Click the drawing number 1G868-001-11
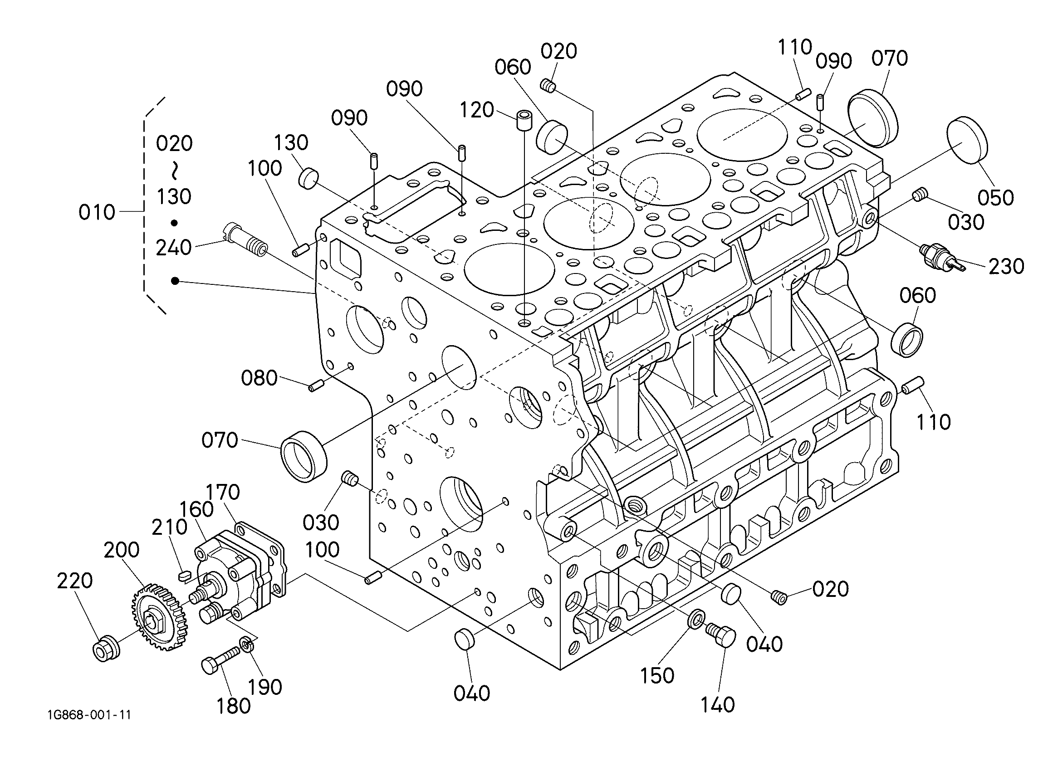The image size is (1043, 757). point(89,715)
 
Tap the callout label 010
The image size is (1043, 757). point(97,212)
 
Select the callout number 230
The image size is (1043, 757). point(1006,266)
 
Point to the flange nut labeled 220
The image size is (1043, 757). point(106,647)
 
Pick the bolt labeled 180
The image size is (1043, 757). point(221,661)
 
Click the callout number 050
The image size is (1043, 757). point(996,198)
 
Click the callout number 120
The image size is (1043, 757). point(476,110)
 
